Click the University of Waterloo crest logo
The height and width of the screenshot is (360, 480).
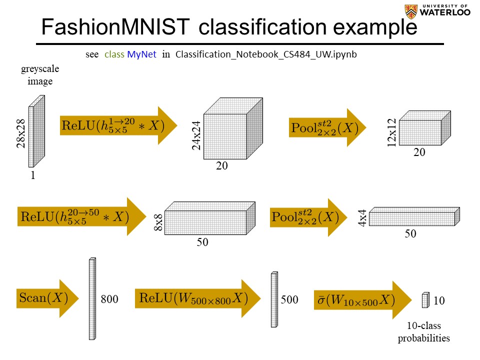tap(412, 10)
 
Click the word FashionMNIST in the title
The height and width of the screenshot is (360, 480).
tap(115, 27)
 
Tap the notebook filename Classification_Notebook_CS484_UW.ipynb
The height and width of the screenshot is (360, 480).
tap(266, 54)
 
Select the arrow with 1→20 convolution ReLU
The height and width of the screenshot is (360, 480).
tap(118, 125)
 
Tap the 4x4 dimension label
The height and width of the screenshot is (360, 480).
tap(362, 218)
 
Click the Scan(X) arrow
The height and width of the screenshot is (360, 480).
tap(47, 298)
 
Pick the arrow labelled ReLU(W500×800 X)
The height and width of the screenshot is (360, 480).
tap(197, 298)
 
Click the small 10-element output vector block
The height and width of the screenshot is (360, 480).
tap(425, 300)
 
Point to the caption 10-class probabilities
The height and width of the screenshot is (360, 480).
tap(423, 332)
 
